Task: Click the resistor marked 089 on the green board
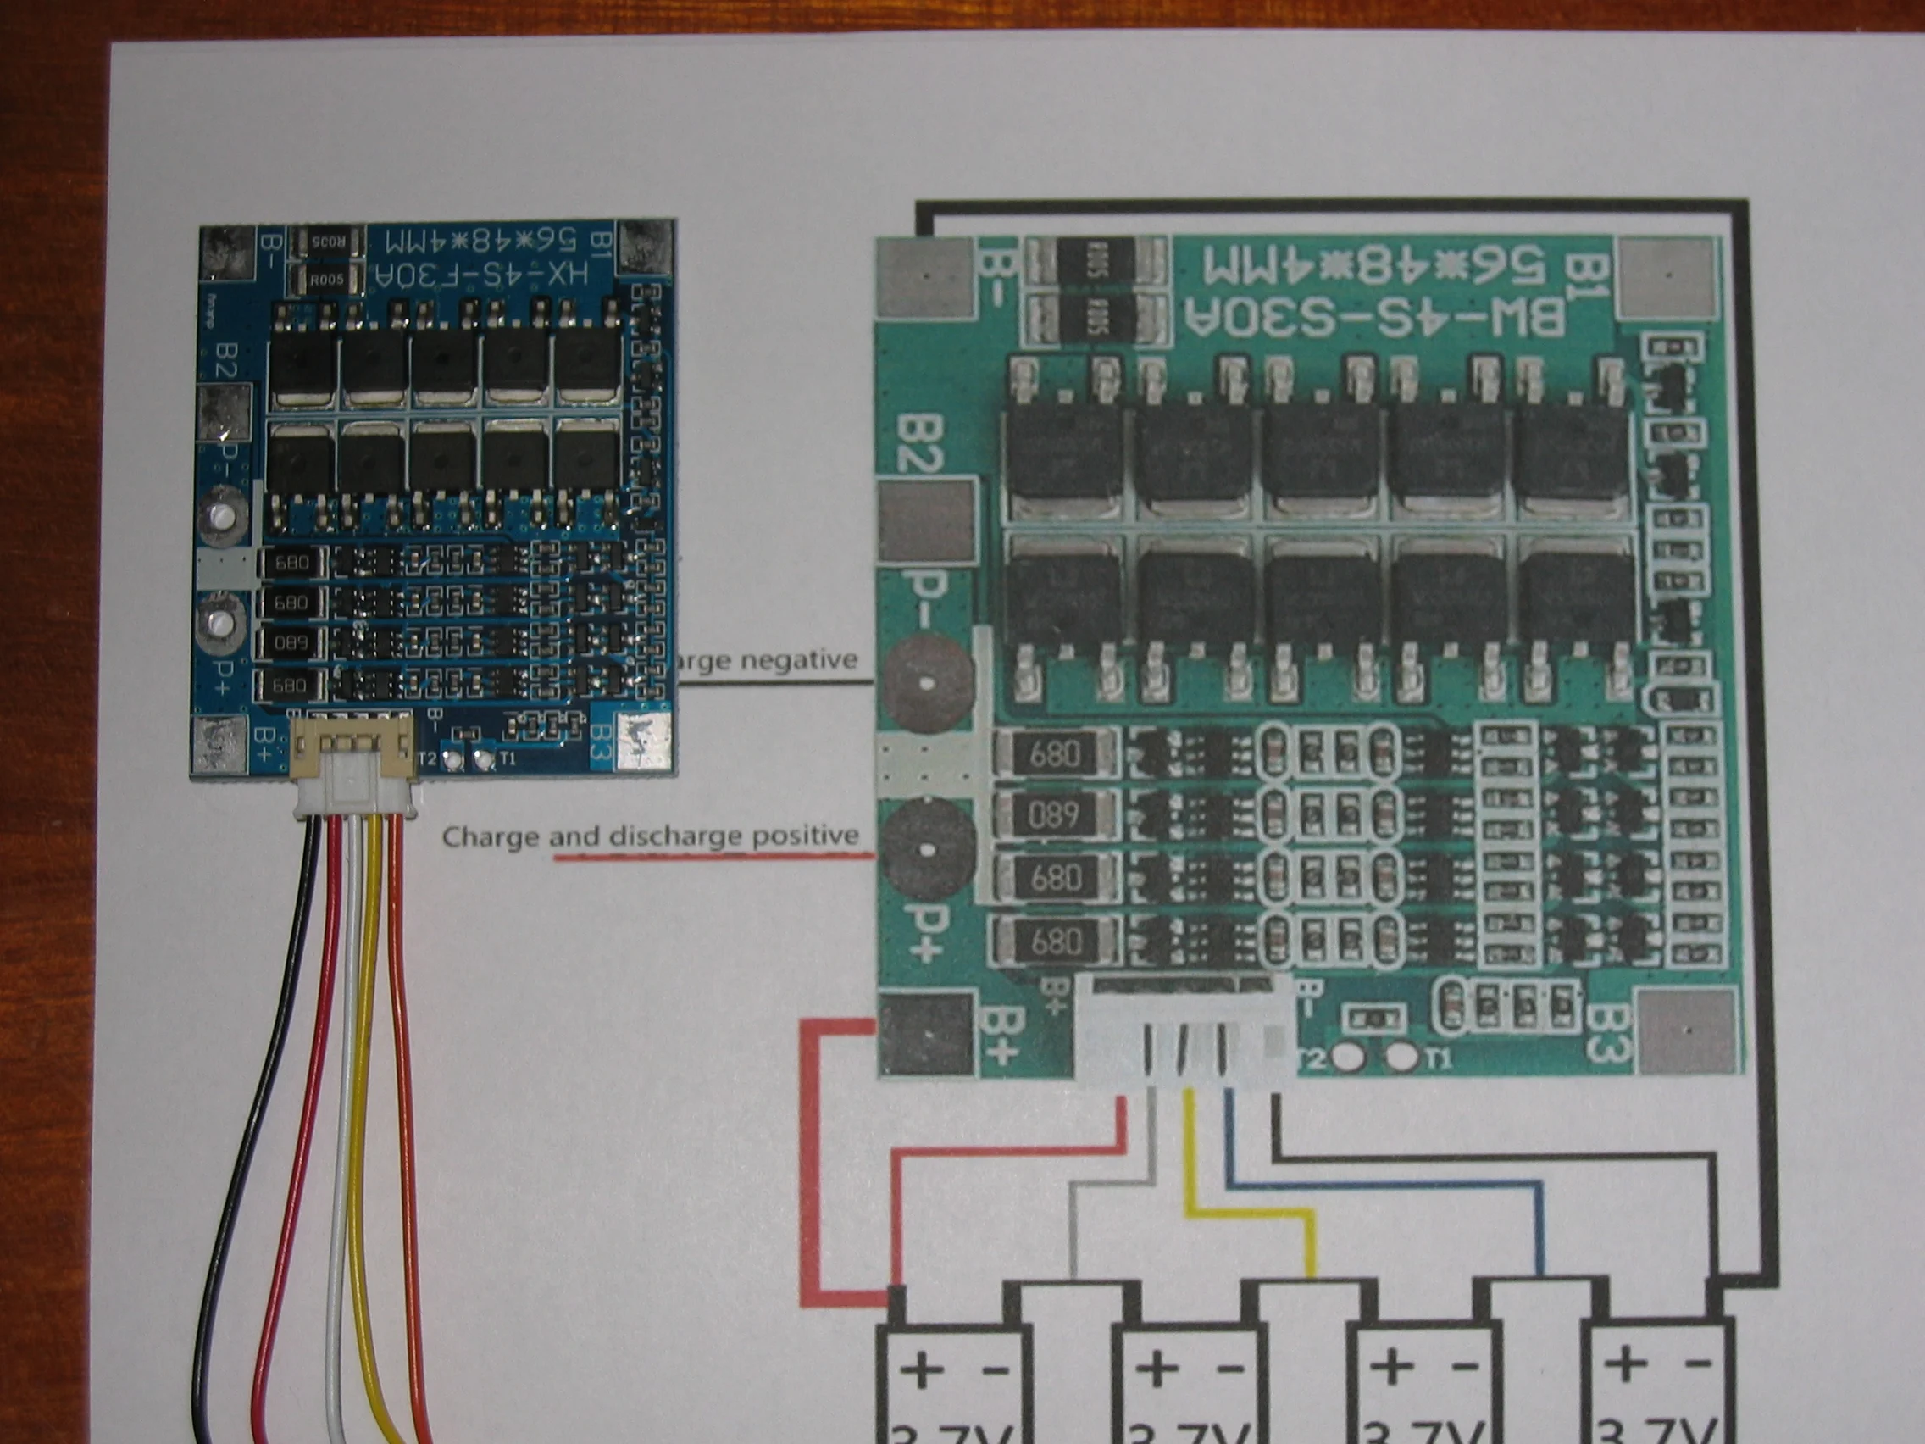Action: pyautogui.click(x=1054, y=814)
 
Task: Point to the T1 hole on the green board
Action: pyautogui.click(x=1401, y=1057)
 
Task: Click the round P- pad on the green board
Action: pyautogui.click(x=925, y=683)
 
